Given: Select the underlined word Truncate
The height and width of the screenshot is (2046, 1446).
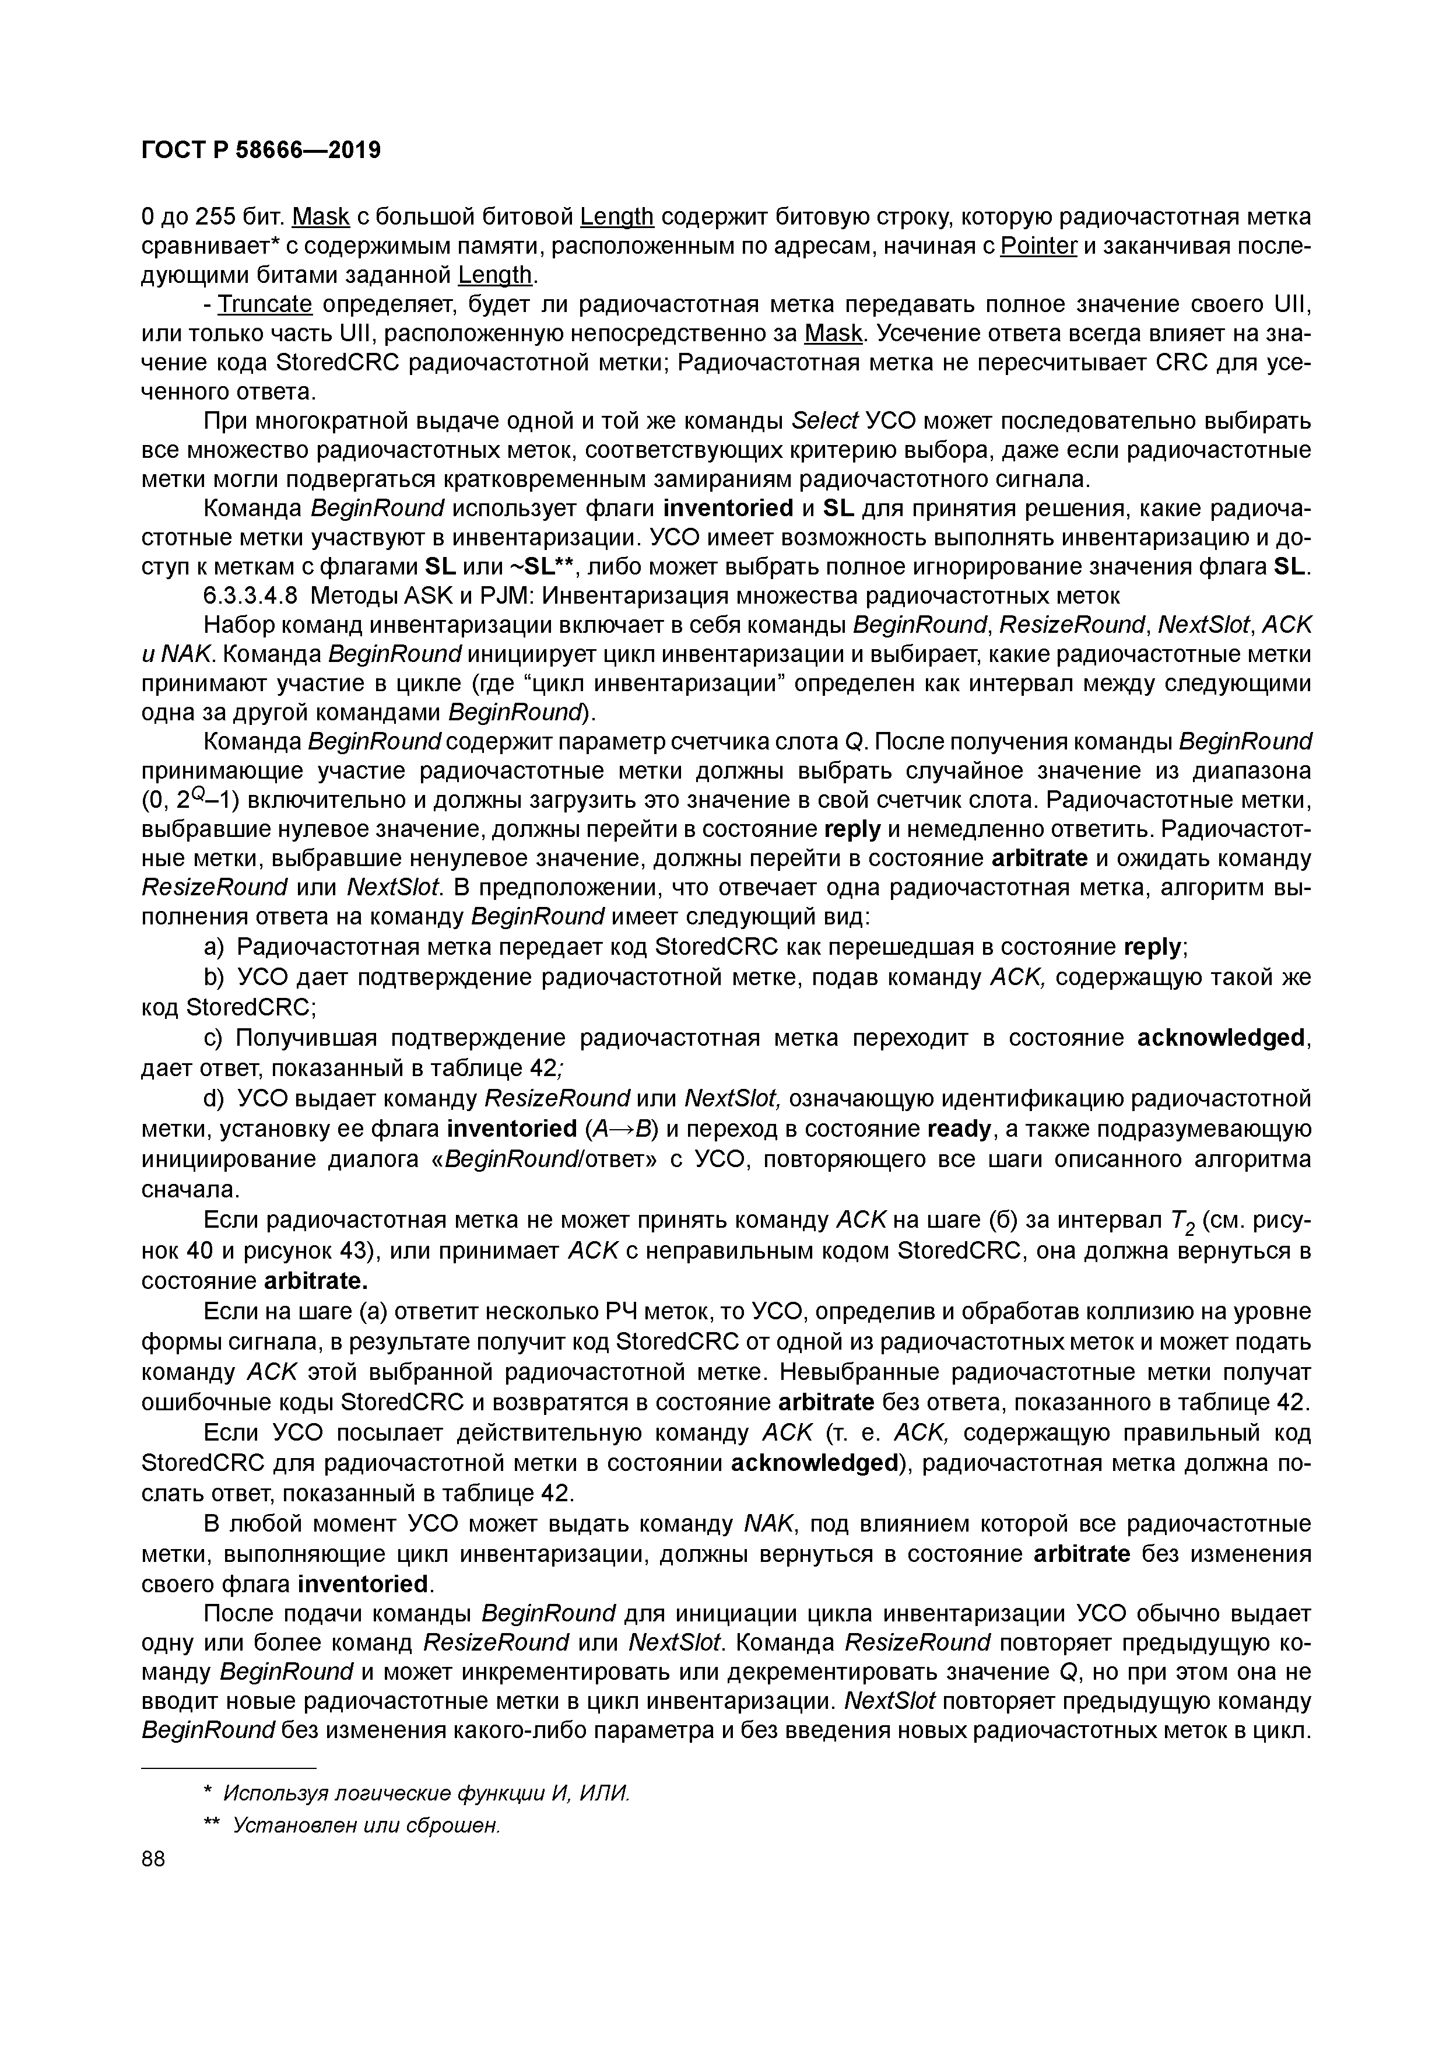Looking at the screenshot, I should click(265, 305).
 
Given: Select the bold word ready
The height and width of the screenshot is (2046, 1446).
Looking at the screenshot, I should click(959, 1129).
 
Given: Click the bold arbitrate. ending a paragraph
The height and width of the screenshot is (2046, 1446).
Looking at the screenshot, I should click(316, 1281).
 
